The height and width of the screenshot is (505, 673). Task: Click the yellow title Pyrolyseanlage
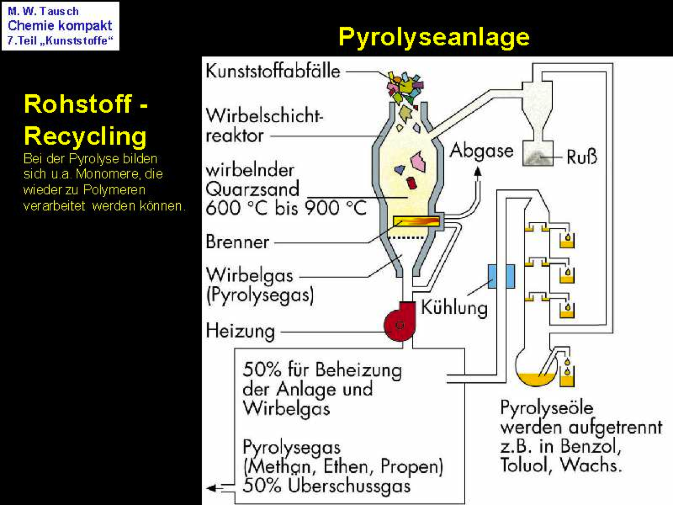(x=434, y=37)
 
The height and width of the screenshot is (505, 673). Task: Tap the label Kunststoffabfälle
(x=273, y=71)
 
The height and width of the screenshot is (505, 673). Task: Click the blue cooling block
(x=501, y=276)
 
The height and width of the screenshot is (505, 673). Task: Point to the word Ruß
(x=582, y=157)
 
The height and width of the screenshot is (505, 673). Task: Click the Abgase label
(x=481, y=151)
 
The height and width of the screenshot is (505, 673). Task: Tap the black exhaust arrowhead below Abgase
(x=478, y=171)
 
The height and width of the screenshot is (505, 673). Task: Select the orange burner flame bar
(x=416, y=221)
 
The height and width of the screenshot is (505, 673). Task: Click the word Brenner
(x=237, y=242)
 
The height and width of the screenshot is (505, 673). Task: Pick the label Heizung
(x=240, y=331)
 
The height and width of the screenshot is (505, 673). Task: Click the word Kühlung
(x=454, y=308)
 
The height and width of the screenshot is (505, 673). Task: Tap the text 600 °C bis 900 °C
(x=286, y=208)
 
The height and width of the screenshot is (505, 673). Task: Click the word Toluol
(x=525, y=465)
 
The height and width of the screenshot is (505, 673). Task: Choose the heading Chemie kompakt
(x=60, y=26)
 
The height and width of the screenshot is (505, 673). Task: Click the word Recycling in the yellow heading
(x=85, y=136)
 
